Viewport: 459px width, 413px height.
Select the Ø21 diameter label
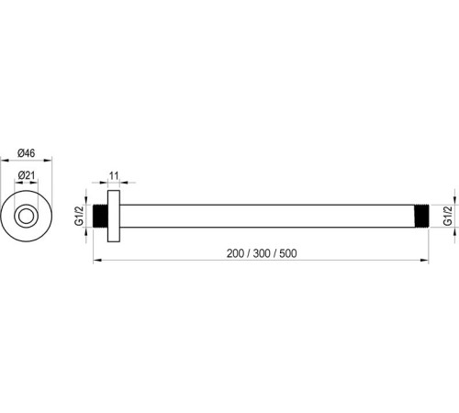(x=28, y=177)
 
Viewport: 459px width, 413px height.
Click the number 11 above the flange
(x=115, y=175)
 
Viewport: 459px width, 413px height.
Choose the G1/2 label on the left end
(x=79, y=218)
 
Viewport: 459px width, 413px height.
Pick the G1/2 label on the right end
(x=447, y=217)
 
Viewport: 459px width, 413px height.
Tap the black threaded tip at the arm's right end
(x=424, y=217)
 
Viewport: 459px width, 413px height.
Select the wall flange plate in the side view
(x=113, y=218)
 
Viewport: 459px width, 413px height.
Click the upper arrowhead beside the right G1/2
(x=454, y=206)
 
